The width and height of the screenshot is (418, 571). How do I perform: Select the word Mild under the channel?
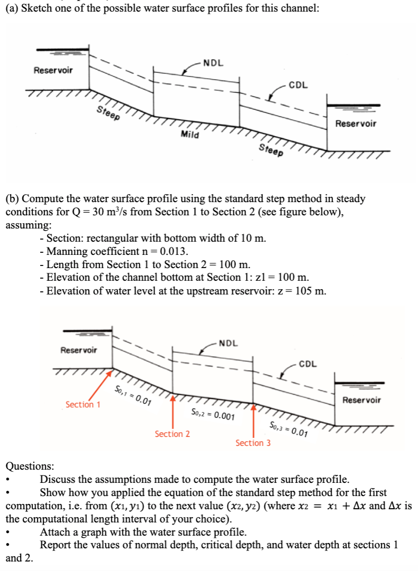point(190,135)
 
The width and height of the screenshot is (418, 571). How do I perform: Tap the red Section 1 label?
point(83,405)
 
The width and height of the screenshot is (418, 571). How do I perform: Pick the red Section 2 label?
point(172,434)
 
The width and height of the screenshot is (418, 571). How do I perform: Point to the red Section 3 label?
point(253,443)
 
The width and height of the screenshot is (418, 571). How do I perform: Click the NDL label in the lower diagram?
point(228,343)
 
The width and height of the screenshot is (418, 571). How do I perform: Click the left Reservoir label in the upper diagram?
point(53,70)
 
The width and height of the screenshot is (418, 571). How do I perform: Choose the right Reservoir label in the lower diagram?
point(362,400)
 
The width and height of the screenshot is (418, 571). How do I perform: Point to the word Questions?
point(30,466)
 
